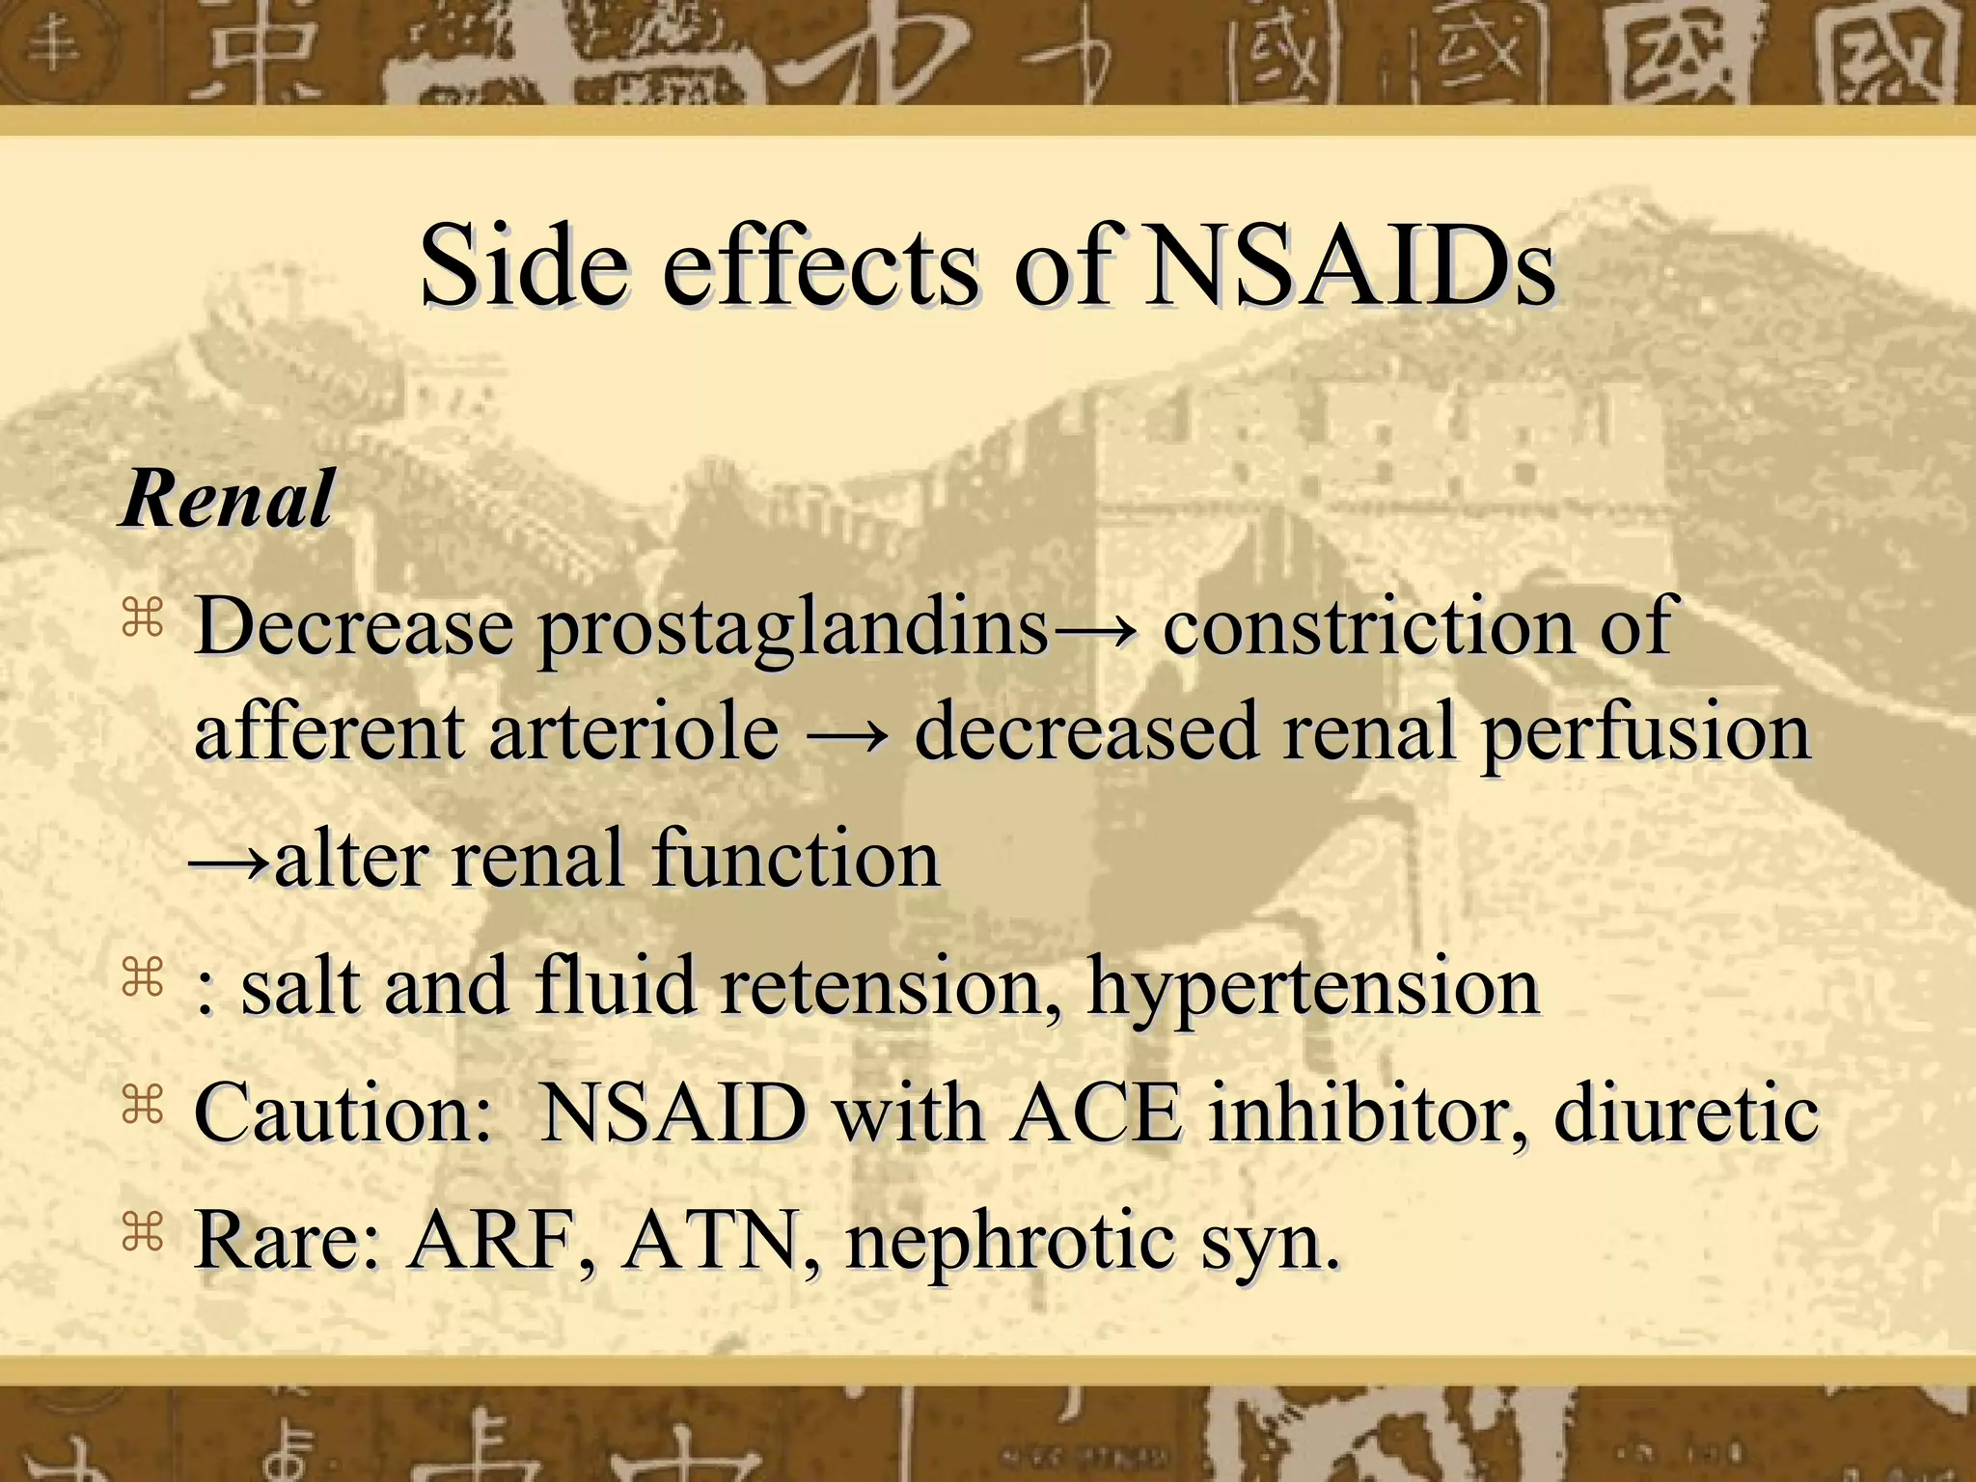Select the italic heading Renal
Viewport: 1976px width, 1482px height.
pos(228,499)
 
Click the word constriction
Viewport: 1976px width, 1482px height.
pos(1370,627)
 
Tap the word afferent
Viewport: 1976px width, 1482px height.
pos(329,731)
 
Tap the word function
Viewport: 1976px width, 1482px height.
pos(796,858)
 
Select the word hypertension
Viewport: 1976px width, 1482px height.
pos(1313,989)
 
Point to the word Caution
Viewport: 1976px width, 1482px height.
pos(343,1114)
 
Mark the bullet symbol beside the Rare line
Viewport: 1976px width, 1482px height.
pos(143,1234)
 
